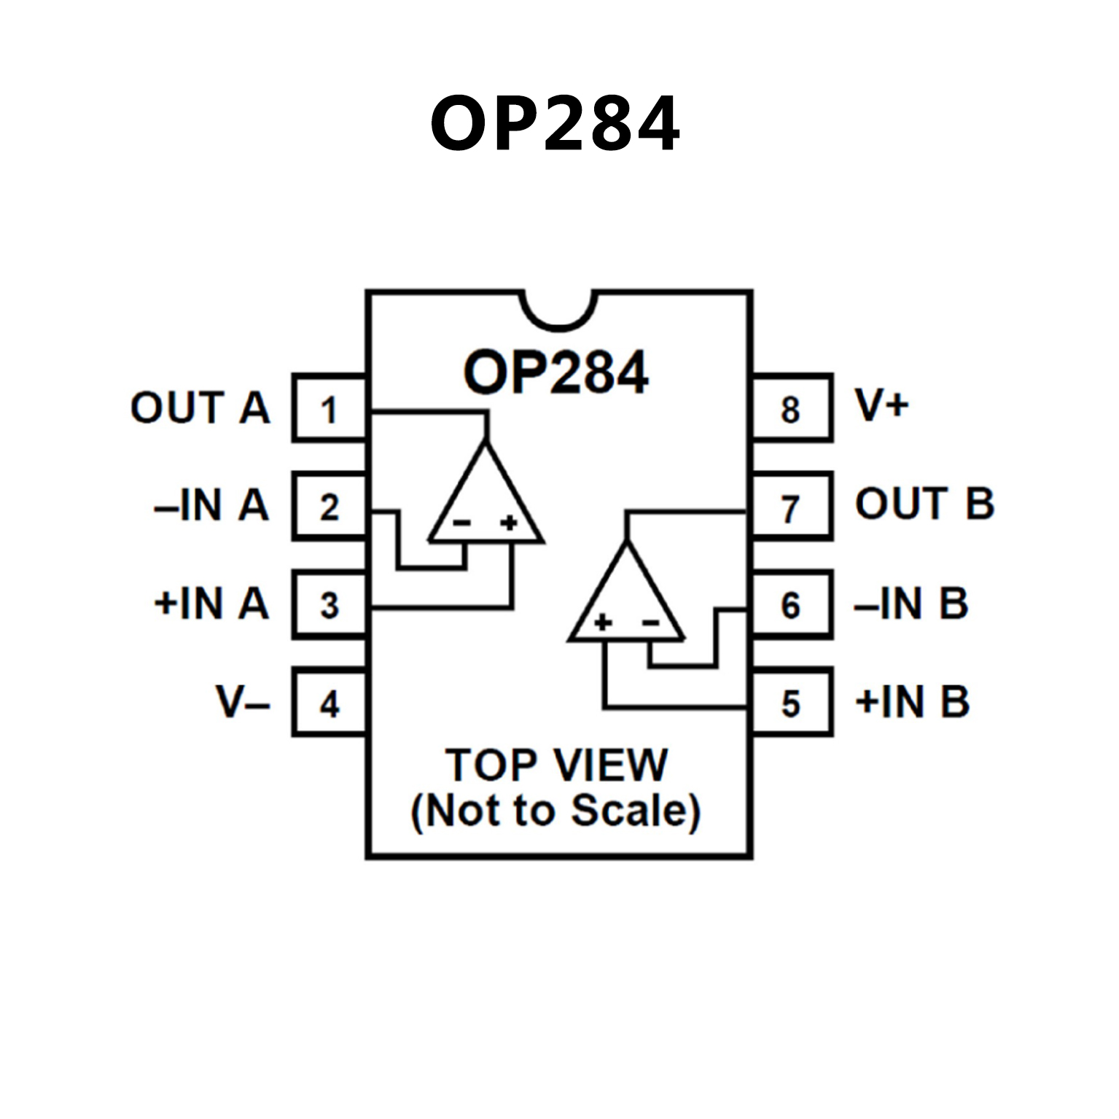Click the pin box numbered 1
pyautogui.click(x=330, y=409)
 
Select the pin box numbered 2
pyautogui.click(x=330, y=507)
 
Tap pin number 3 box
pyautogui.click(x=330, y=605)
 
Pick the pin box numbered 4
pyautogui.click(x=330, y=703)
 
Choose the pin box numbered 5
pyautogui.click(x=792, y=703)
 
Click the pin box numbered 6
pyautogui.click(x=792, y=605)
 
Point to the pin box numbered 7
pyautogui.click(x=792, y=507)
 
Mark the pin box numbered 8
pyautogui.click(x=792, y=409)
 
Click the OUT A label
pyautogui.click(x=200, y=408)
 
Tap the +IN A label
pyautogui.click(x=211, y=604)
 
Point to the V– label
pyautogui.click(x=243, y=702)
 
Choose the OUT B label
pyautogui.click(x=924, y=504)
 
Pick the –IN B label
pyautogui.click(x=911, y=604)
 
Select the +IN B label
pyautogui.click(x=912, y=701)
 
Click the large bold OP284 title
pyautogui.click(x=555, y=124)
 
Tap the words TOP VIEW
pyautogui.click(x=556, y=765)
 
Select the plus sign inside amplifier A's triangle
pyautogui.click(x=510, y=522)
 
